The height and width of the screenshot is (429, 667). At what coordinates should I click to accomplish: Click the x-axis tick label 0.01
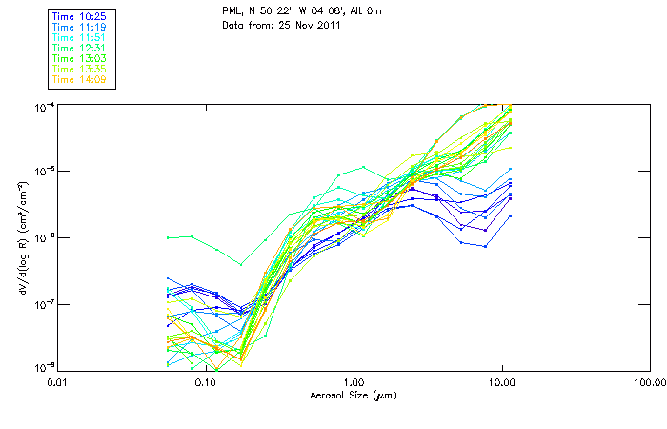pos(57,383)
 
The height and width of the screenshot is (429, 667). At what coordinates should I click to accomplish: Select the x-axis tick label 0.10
pos(205,383)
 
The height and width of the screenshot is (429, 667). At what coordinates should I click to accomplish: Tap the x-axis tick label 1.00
pos(354,383)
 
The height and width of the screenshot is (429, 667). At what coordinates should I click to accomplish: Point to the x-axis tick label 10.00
pos(501,383)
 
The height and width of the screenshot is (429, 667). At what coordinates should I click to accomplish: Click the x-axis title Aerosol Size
pos(353,395)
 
